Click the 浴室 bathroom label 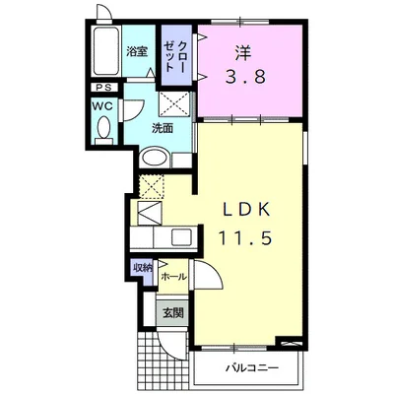(x=137, y=51)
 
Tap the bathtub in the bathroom (x=105, y=51)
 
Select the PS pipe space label (x=104, y=88)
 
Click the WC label (x=102, y=105)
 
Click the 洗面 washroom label (x=162, y=129)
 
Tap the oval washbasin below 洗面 (x=155, y=159)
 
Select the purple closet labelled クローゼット (x=176, y=56)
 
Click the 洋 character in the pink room (x=243, y=52)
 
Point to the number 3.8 (x=245, y=78)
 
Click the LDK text (x=246, y=210)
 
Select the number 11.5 (x=245, y=238)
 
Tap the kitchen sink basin (x=181, y=236)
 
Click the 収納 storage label (x=143, y=269)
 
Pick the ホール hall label (x=173, y=277)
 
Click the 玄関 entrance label (x=173, y=313)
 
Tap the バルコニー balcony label (x=251, y=367)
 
